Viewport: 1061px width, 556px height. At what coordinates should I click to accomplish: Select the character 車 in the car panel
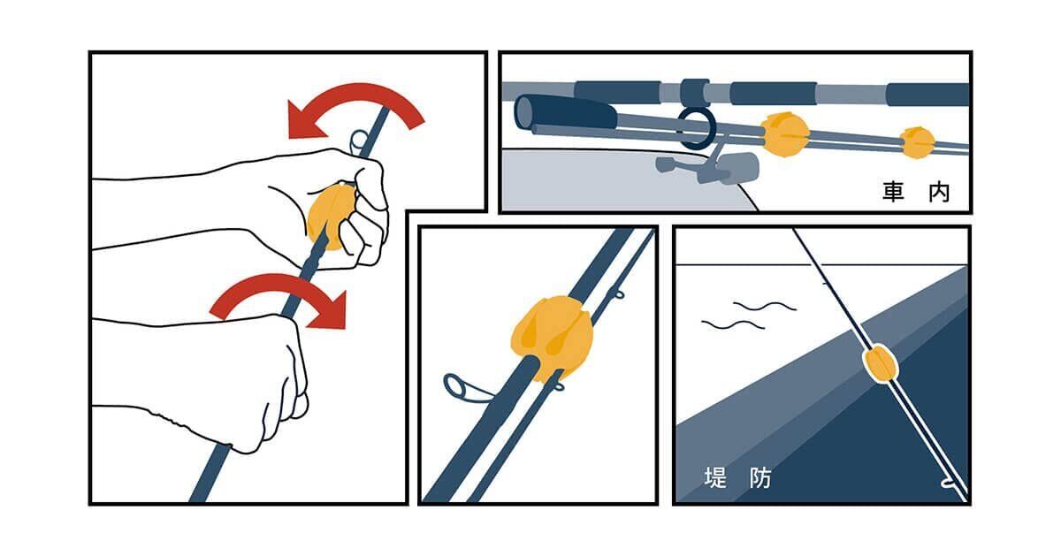[x=893, y=191]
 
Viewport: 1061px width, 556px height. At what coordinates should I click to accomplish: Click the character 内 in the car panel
[x=939, y=191]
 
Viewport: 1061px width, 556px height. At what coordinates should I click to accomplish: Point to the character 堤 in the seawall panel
[x=715, y=477]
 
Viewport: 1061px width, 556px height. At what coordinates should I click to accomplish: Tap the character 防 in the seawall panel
[x=760, y=477]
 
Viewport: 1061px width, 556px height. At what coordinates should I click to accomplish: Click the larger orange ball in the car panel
[x=785, y=134]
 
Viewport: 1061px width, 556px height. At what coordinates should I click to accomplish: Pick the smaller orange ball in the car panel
[x=917, y=142]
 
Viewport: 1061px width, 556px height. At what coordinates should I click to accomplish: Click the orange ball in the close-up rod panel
[x=552, y=337]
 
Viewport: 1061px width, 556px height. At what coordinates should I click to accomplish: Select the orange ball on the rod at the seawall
[x=881, y=363]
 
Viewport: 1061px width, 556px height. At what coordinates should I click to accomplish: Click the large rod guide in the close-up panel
[x=462, y=387]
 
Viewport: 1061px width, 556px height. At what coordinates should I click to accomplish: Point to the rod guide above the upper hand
[x=359, y=142]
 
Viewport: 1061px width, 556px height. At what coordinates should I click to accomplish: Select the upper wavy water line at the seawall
[x=764, y=306]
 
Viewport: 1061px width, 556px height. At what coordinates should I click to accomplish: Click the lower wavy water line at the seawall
[x=733, y=324]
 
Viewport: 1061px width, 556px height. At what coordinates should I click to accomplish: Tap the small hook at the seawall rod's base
[x=950, y=484]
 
